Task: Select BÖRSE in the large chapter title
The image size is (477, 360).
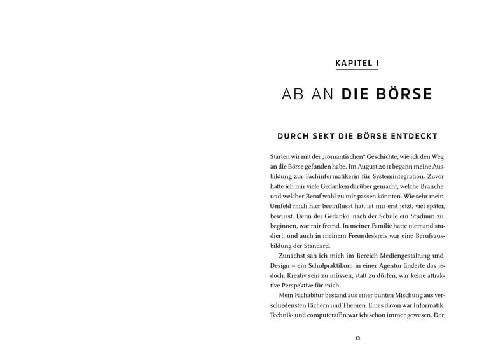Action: [x=404, y=95]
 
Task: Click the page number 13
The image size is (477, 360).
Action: [x=357, y=338]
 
